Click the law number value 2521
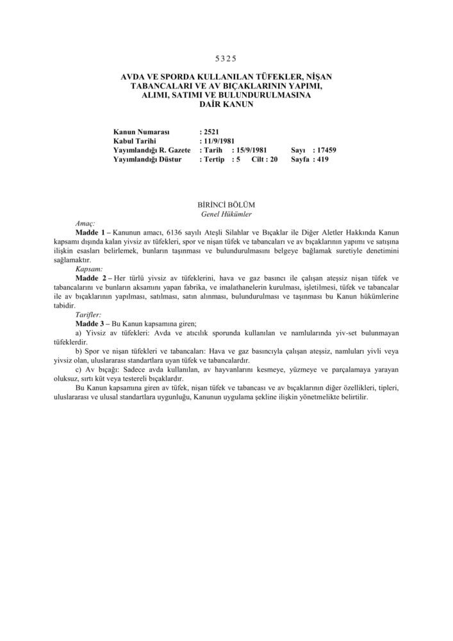[x=210, y=131]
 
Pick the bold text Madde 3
[x=90, y=324]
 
